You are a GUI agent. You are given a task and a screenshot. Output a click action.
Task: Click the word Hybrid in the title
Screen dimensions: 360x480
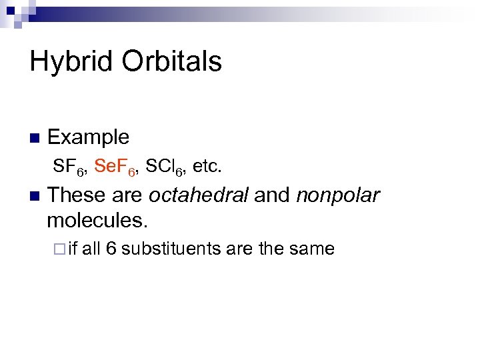click(72, 62)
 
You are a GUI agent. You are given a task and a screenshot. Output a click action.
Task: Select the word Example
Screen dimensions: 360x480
click(89, 137)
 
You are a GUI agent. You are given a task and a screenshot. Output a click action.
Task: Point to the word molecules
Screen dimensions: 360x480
click(95, 219)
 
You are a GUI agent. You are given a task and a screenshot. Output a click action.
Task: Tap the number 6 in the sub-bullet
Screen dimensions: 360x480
click(111, 249)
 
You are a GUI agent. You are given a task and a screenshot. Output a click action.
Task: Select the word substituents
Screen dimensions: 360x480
click(171, 249)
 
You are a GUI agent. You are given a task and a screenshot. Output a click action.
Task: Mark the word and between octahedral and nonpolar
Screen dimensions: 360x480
click(273, 196)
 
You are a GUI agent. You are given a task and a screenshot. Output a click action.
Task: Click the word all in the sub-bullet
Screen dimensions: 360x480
click(91, 249)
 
